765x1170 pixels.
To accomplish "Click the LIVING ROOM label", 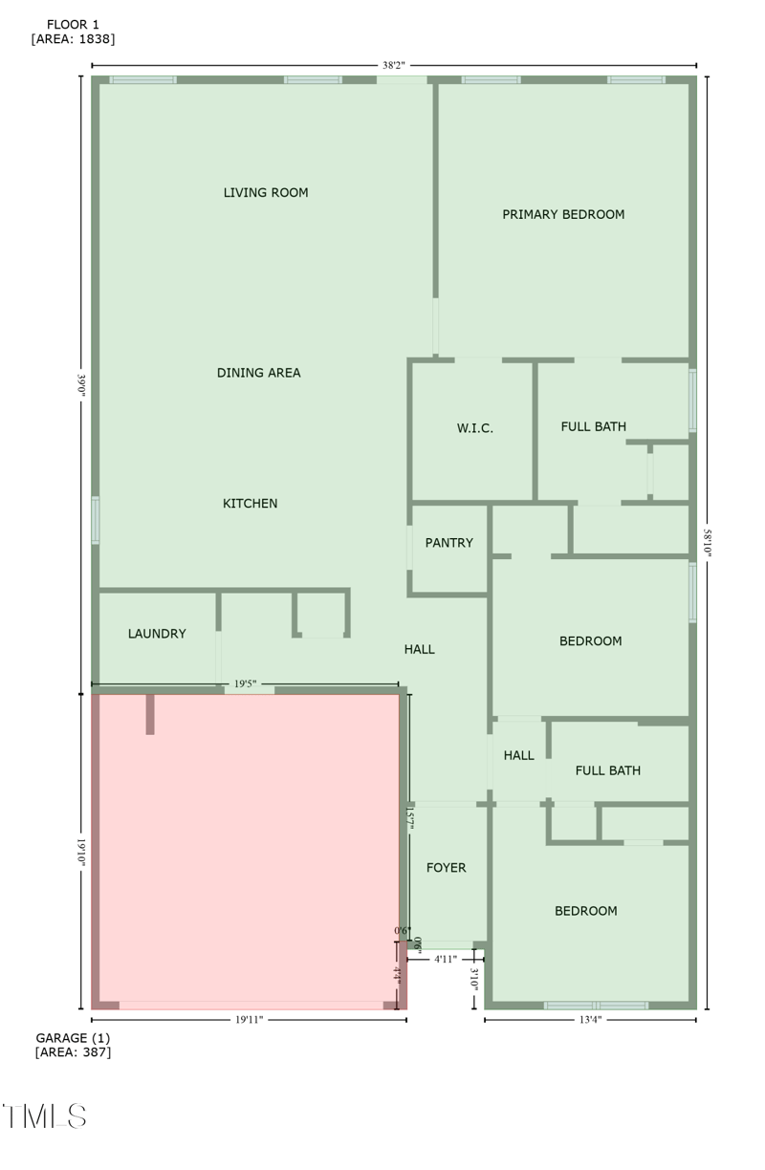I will (x=266, y=193).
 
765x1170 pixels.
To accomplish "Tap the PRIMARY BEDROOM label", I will (x=563, y=215).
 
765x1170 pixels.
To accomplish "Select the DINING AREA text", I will (x=258, y=373).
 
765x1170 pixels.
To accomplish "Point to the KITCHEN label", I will (x=250, y=504).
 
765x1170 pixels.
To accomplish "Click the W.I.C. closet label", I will (x=474, y=428).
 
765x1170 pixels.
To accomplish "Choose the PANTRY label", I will (x=448, y=543).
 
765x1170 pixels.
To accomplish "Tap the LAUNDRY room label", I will (x=157, y=634).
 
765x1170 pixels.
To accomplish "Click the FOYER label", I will (x=446, y=868).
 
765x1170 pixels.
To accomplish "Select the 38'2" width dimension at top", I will (x=394, y=66).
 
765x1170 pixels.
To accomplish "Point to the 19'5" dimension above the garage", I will (x=245, y=683).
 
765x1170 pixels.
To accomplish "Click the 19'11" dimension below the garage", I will (x=249, y=1020).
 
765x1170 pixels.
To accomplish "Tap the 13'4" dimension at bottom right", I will (x=590, y=1020).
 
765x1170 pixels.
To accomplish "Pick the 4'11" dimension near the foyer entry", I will (x=446, y=959).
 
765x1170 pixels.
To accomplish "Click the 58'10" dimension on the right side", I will (x=708, y=542).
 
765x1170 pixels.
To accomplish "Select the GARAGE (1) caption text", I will (x=73, y=1038).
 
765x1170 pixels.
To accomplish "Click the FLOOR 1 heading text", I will (x=73, y=24).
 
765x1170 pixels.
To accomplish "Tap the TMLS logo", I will (x=45, y=1116).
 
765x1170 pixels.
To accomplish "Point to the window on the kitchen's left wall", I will (x=96, y=521).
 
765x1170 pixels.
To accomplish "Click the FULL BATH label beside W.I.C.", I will (x=593, y=426).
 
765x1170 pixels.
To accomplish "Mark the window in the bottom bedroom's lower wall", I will (x=596, y=1006).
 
